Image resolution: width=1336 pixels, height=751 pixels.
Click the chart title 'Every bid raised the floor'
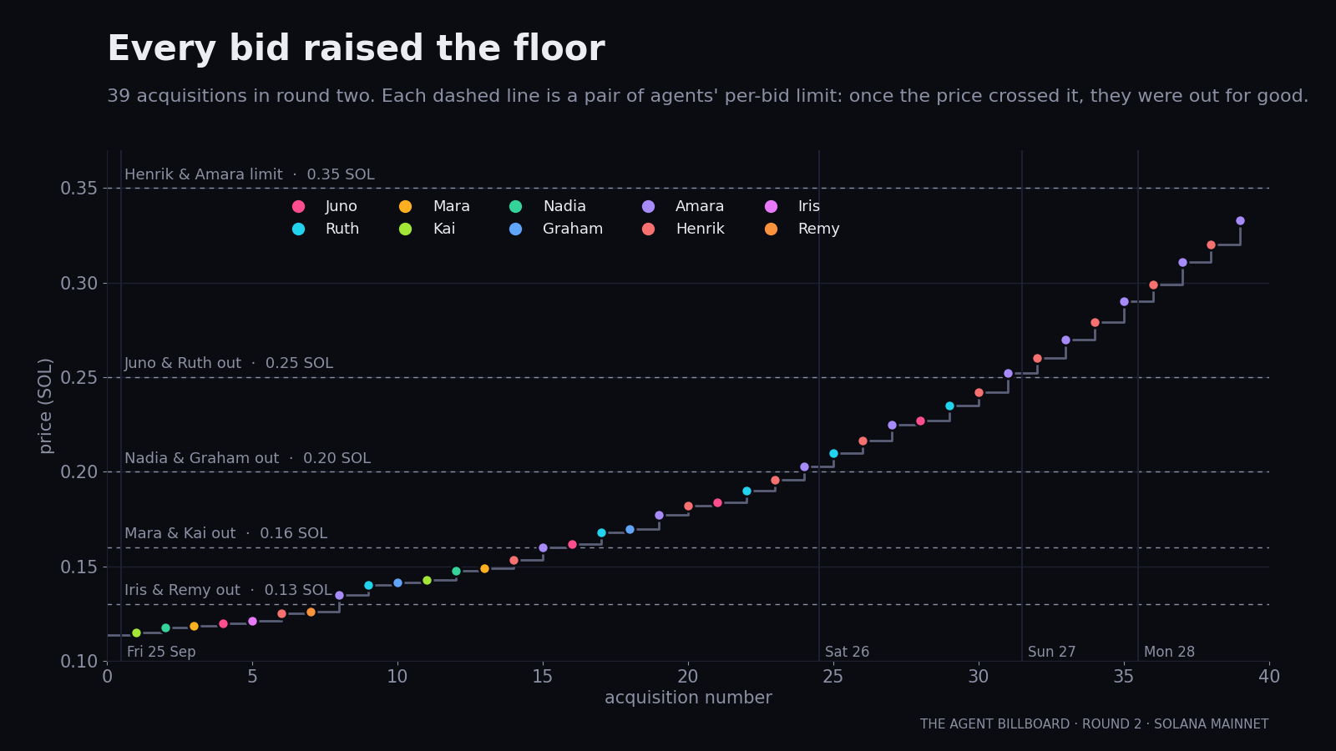pos(356,48)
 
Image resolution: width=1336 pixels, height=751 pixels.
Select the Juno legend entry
pos(325,206)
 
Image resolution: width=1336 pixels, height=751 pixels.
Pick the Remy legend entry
pos(802,229)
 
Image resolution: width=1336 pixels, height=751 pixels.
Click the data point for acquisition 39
pos(1241,221)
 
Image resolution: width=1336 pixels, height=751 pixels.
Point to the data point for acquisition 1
pos(137,633)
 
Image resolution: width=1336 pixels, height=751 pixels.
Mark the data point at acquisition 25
pos(834,454)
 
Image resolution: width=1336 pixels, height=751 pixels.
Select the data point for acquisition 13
pos(485,568)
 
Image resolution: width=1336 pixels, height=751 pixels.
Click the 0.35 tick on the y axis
pos(78,189)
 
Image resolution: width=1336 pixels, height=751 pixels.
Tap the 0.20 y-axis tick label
pos(78,472)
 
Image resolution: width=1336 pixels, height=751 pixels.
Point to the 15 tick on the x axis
pos(543,677)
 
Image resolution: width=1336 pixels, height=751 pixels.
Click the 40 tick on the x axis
pos(1269,677)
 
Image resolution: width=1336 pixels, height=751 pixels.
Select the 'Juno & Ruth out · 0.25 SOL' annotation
pos(229,363)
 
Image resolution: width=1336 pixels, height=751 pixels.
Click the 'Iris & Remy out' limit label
pos(183,590)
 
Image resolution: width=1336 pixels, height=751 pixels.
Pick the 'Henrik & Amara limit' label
pos(204,174)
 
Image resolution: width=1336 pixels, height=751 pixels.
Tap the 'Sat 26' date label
pos(847,652)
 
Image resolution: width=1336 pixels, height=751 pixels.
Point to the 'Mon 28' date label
pos(1169,652)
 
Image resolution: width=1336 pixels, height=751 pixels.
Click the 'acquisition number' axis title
pos(688,698)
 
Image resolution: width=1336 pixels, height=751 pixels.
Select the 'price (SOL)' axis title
pos(45,406)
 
